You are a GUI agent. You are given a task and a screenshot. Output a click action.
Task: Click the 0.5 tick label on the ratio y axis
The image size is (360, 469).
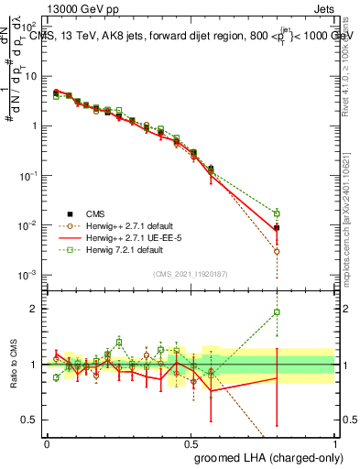click(30, 420)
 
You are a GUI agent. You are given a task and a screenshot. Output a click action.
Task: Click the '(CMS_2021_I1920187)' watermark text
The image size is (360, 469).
click(190, 273)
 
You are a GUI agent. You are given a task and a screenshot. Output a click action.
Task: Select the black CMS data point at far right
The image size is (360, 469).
click(277, 227)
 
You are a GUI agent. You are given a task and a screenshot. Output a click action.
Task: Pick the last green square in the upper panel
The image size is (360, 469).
click(277, 213)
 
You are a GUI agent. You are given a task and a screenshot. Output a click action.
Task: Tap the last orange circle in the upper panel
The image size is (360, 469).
click(277, 251)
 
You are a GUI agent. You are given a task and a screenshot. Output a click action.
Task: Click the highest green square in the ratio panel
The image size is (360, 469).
click(277, 312)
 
